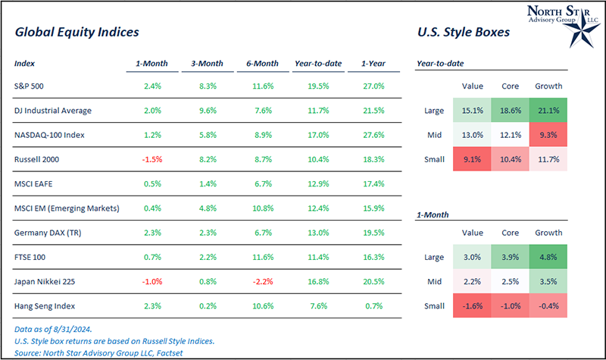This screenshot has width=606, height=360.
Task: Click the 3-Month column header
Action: pyautogui.click(x=211, y=63)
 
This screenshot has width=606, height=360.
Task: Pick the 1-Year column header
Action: pyautogui.click(x=373, y=63)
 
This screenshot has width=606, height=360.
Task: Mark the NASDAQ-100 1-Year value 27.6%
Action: pyautogui.click(x=373, y=135)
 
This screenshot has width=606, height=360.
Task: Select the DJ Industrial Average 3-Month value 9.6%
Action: pyautogui.click(x=211, y=111)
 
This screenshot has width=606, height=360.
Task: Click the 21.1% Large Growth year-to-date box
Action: pyautogui.click(x=548, y=111)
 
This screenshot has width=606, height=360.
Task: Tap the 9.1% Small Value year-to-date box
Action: pyautogui.click(x=471, y=160)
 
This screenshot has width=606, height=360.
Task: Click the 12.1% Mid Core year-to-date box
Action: pyautogui.click(x=510, y=136)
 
